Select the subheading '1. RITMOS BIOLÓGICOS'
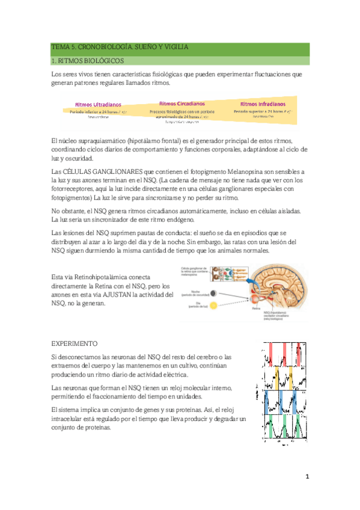click(x=88, y=61)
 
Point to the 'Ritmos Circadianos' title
click(x=182, y=103)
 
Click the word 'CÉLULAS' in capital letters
click(x=79, y=172)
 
